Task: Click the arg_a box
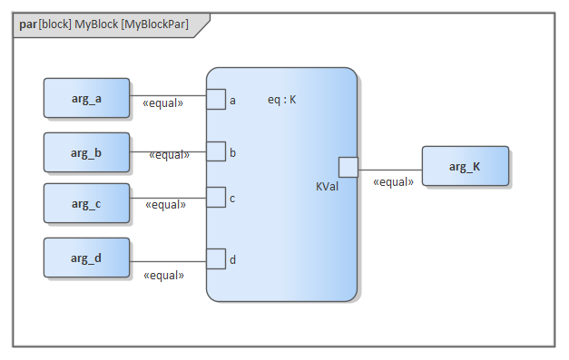(86, 98)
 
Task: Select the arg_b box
(86, 152)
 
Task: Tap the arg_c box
(86, 203)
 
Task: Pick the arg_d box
(86, 258)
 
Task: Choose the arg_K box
(466, 166)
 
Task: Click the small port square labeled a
(216, 99)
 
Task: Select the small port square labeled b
(216, 151)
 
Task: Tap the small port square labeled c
(216, 197)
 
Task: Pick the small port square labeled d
(216, 258)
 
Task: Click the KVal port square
(348, 167)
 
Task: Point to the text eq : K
(281, 100)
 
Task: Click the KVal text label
(327, 186)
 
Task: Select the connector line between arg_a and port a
(168, 96)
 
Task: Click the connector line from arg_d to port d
(168, 261)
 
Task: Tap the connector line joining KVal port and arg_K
(390, 170)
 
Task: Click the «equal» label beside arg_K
(393, 182)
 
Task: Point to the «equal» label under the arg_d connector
(163, 276)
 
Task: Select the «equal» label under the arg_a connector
(163, 103)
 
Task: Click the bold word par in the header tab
(28, 24)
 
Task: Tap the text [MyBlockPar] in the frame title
(154, 24)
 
